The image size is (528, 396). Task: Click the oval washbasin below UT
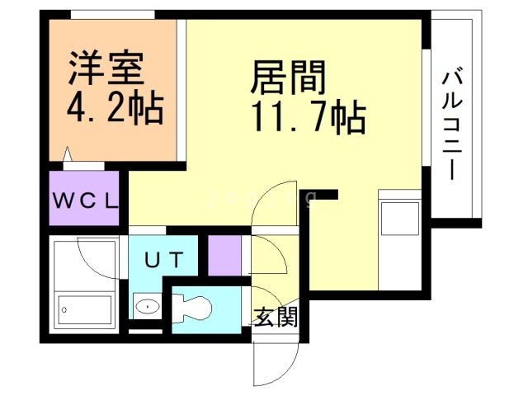[x=147, y=307]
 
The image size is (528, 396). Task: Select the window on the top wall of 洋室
[x=111, y=15]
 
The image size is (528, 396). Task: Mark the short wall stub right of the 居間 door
[x=327, y=195]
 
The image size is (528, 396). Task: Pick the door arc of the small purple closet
[x=266, y=256]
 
